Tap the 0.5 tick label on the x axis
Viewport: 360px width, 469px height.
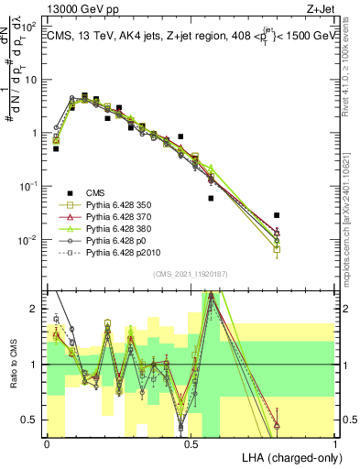click(191, 442)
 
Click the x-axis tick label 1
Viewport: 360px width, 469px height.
click(335, 442)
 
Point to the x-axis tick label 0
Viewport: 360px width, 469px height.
click(47, 442)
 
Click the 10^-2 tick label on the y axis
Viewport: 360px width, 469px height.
click(29, 240)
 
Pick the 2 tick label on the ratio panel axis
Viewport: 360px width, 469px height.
click(35, 309)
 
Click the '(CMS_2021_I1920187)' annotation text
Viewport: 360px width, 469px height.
click(191, 274)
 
